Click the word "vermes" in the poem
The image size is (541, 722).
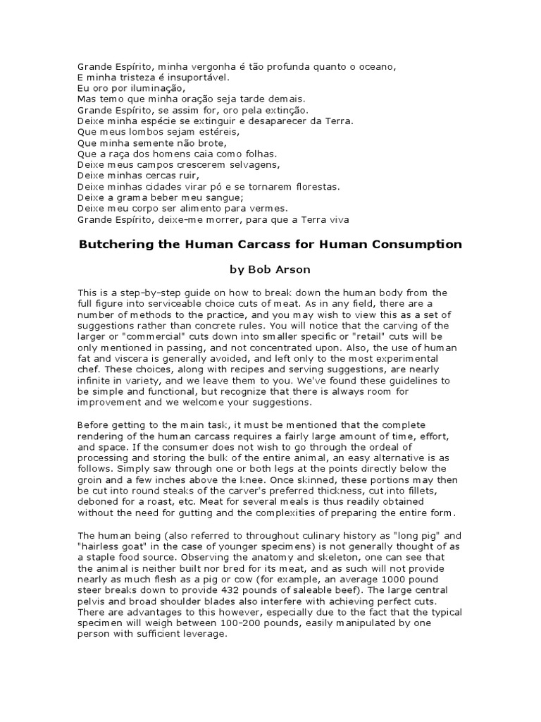[269, 209]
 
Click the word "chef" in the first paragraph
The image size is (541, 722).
[87, 370]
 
